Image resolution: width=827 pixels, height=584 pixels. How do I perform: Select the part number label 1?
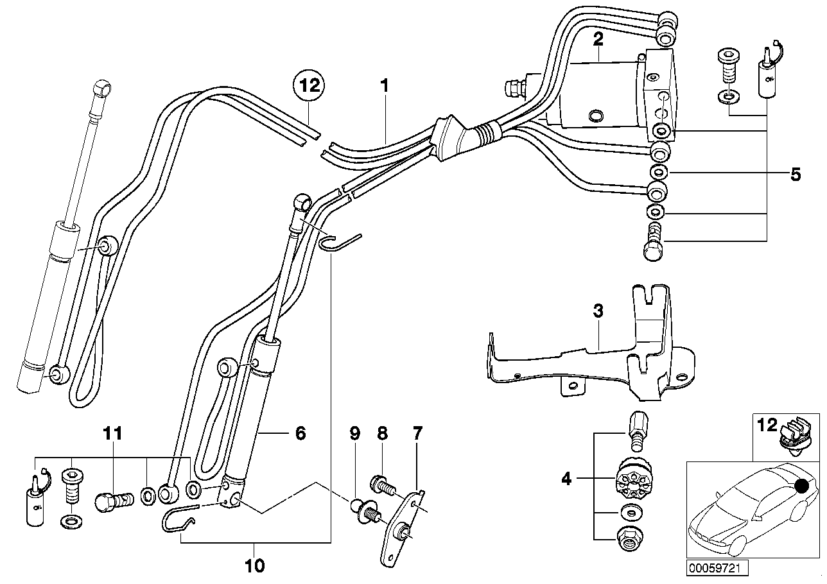385,86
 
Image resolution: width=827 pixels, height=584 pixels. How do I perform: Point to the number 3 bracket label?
598,313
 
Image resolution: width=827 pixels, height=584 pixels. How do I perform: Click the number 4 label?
796,174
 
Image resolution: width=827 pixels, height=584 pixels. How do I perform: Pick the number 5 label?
300,433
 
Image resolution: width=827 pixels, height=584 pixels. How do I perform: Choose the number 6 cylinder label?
418,433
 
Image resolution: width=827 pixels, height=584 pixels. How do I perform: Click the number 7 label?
382,433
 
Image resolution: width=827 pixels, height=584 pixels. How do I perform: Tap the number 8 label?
354,433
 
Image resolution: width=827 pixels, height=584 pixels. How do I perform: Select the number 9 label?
255,566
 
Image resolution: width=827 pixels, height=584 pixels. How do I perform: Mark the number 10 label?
112,433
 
